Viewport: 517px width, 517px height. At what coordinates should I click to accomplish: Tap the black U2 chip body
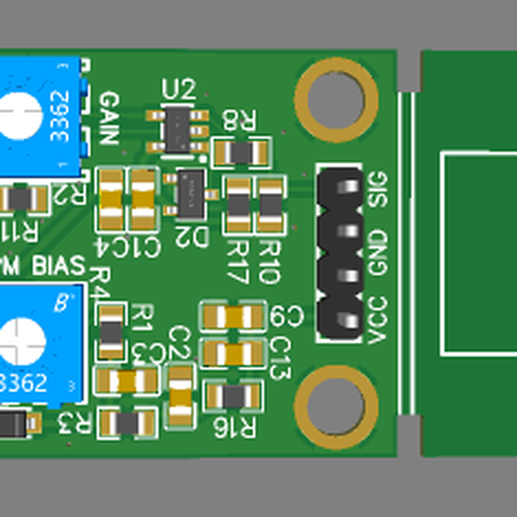(179, 128)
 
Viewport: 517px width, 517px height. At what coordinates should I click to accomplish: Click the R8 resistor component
(241, 153)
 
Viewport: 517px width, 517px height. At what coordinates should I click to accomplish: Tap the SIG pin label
(378, 189)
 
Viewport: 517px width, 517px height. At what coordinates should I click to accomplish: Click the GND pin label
(378, 252)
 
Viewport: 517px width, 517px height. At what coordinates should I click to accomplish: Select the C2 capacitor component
(181, 396)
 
